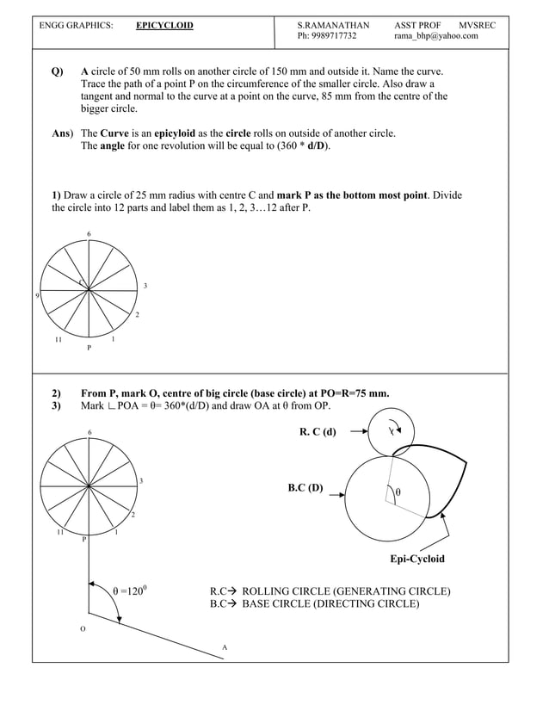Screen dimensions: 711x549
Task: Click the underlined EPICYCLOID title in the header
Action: point(164,26)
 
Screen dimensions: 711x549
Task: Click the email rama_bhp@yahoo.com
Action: point(435,37)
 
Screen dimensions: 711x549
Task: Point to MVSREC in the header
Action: point(477,26)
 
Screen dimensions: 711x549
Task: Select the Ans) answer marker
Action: point(62,133)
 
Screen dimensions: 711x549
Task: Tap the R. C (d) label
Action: point(318,431)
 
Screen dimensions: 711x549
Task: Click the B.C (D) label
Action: point(305,488)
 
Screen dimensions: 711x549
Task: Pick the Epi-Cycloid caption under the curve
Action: point(417,559)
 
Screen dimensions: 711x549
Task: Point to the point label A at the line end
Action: point(225,646)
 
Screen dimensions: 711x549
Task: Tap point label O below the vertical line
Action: point(83,629)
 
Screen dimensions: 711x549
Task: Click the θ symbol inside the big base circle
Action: point(398,493)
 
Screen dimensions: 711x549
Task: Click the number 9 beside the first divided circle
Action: point(36,295)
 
